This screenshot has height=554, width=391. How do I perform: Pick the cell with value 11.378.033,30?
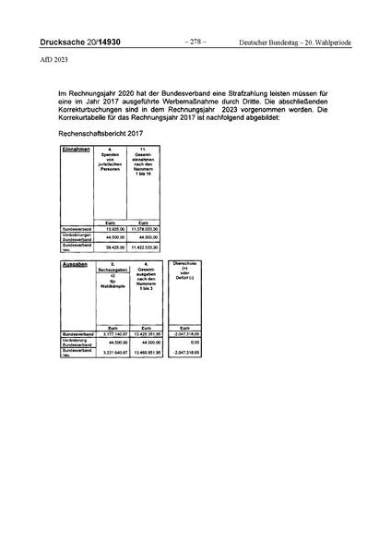(144, 228)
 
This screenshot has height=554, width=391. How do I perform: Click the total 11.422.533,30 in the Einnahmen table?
(144, 247)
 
